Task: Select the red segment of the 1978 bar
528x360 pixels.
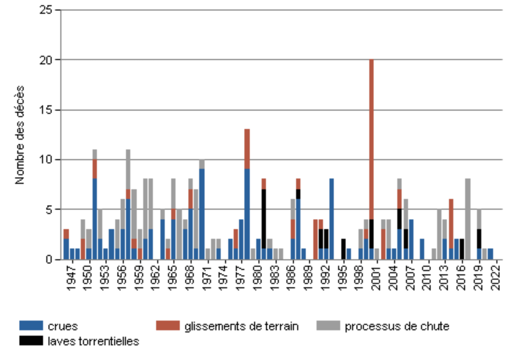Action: point(247,149)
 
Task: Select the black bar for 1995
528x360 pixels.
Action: point(343,249)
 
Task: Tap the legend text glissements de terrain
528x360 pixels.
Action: point(241,326)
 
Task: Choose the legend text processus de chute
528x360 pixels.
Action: point(397,326)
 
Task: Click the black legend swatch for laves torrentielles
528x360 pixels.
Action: point(31,341)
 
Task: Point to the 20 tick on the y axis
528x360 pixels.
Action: point(59,60)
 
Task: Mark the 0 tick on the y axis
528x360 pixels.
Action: point(59,260)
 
